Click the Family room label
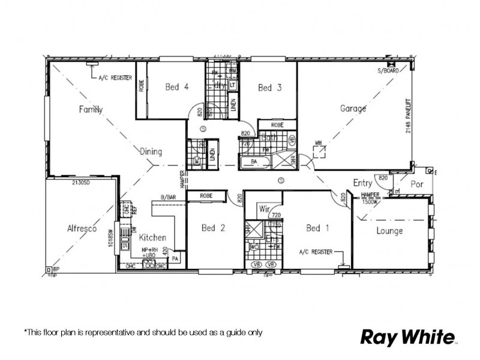pos(91,109)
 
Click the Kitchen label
pos(152,238)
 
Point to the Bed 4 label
pos(177,87)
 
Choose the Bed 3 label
pos(269,88)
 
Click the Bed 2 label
pos(213,228)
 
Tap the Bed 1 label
pos(317,228)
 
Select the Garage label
pos(353,109)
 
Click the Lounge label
pos(389,231)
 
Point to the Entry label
pos(363,183)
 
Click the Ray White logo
pos(407,337)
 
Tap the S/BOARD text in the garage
pos(388,71)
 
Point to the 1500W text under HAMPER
pos(370,202)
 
